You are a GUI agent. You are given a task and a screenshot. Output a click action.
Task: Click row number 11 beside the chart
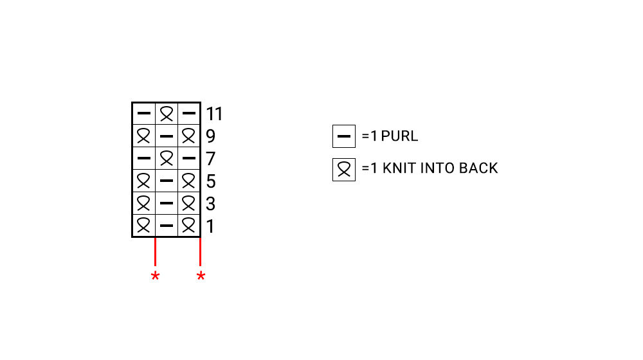(214, 114)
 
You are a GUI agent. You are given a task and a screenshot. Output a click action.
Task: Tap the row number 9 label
(211, 137)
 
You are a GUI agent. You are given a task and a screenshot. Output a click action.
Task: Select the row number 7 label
(211, 159)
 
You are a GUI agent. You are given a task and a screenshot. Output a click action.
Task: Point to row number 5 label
(211, 182)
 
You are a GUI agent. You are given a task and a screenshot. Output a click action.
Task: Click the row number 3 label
(211, 204)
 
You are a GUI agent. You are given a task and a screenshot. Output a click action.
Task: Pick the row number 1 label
(211, 227)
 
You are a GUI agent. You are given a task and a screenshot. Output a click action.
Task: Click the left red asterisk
(155, 277)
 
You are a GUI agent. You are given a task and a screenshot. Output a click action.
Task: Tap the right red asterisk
(201, 277)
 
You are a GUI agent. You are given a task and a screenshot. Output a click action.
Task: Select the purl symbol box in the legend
(344, 136)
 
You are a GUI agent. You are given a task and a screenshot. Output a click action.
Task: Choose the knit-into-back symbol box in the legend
(344, 169)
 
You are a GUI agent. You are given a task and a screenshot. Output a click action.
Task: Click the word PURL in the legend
(400, 136)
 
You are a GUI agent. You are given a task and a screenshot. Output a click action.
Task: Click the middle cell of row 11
(167, 114)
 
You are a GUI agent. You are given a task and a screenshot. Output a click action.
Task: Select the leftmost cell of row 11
(144, 114)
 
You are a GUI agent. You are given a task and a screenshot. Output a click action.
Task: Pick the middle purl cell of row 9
(167, 136)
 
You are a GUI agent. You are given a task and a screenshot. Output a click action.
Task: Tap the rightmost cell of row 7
(189, 159)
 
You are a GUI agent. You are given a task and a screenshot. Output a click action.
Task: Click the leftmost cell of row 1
(144, 226)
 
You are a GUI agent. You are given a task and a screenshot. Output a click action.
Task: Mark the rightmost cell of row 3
(189, 204)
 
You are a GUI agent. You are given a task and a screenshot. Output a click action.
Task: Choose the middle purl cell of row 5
(167, 181)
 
